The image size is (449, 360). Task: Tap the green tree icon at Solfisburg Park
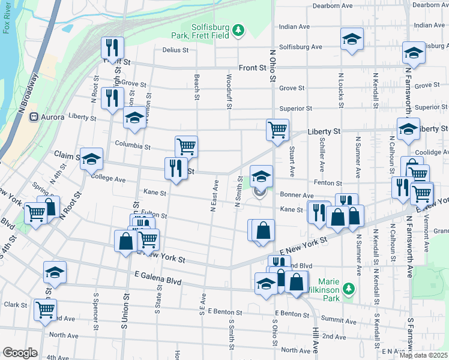[238, 29]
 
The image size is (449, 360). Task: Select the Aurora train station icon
[34, 117]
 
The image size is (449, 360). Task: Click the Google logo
[20, 353]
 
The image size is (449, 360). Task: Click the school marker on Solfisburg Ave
[351, 39]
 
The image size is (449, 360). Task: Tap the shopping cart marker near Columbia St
[186, 146]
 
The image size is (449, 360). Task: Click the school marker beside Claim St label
[91, 158]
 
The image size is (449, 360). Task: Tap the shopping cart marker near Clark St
[45, 309]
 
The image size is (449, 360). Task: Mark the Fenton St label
[330, 183]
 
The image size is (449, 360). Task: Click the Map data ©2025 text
[423, 355]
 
